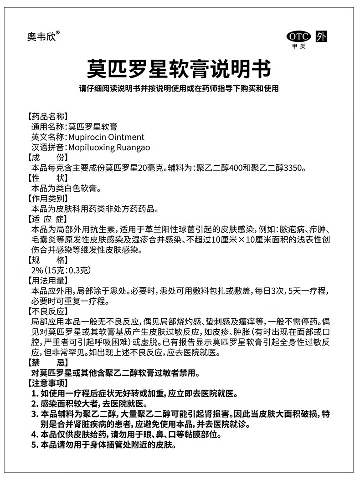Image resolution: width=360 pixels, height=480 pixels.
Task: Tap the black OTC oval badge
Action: click(x=298, y=37)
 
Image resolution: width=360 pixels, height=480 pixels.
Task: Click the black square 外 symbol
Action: click(x=321, y=37)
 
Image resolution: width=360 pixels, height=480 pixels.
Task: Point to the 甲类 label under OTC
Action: click(x=299, y=46)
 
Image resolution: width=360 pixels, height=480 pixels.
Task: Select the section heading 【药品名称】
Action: click(x=48, y=116)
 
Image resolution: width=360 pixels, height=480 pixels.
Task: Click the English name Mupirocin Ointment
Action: click(x=106, y=137)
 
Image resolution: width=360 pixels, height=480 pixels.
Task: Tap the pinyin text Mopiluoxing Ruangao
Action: click(x=108, y=148)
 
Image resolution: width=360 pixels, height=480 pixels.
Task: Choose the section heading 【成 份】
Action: click(x=48, y=158)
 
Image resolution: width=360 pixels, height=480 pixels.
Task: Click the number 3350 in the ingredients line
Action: click(x=293, y=168)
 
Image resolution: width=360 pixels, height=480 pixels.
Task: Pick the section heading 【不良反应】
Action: click(x=48, y=312)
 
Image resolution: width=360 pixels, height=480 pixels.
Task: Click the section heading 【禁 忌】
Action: click(x=48, y=363)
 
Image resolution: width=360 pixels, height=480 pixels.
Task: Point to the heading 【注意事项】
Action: click(x=48, y=383)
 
